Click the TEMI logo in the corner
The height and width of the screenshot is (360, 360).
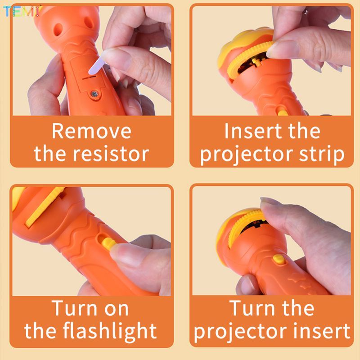[21, 11]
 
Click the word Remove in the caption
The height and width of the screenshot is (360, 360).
[92, 131]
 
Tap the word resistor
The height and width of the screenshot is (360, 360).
[111, 154]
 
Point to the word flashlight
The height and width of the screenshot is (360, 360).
[110, 331]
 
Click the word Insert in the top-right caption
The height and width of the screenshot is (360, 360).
[253, 131]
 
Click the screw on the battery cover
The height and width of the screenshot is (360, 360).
[94, 94]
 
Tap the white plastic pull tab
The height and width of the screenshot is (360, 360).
[97, 65]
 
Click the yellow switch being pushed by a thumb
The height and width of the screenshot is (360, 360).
[108, 243]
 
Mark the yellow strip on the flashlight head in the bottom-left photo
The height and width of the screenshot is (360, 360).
[44, 206]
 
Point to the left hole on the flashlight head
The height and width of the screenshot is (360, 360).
[58, 29]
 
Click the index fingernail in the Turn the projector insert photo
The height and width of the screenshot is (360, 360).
[270, 201]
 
